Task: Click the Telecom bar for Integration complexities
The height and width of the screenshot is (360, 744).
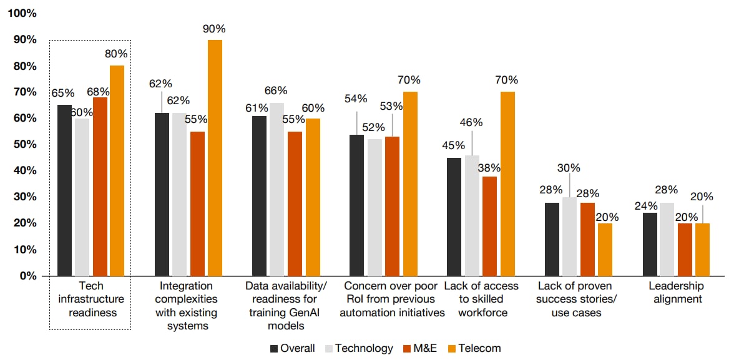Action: click(x=215, y=158)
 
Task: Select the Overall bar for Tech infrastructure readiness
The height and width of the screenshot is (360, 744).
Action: click(x=64, y=190)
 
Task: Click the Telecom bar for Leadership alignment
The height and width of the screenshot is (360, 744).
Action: click(x=702, y=250)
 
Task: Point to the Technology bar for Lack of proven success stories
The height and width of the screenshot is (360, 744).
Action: click(x=569, y=236)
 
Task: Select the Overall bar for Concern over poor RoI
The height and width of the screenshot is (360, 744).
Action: click(x=356, y=205)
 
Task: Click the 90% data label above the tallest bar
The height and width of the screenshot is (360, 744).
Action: click(x=214, y=29)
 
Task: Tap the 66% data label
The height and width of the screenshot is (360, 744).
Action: click(x=276, y=90)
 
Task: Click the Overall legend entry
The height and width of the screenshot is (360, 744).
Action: click(x=293, y=348)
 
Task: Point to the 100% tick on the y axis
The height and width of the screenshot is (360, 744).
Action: click(x=22, y=13)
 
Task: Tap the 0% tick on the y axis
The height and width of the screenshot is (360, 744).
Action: click(x=27, y=276)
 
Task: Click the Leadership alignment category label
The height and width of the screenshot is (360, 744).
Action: click(x=675, y=293)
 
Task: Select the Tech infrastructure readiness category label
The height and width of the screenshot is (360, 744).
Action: click(x=91, y=299)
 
